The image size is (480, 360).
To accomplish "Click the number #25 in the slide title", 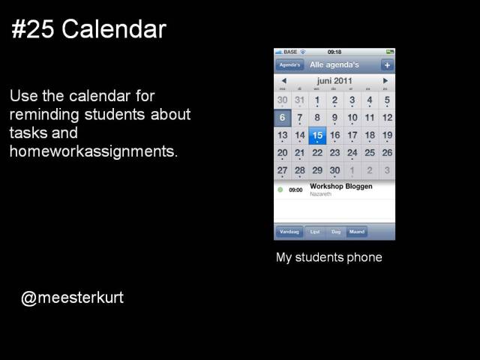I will [34, 30].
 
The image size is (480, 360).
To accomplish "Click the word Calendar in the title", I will [114, 30].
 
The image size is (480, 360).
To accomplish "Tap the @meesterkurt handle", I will [73, 298].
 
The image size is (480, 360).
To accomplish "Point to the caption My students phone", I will [329, 258].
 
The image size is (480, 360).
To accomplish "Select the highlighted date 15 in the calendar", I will [317, 136].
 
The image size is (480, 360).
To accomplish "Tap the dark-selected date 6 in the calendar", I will [282, 118].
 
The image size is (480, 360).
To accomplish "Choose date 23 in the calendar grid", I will [334, 153].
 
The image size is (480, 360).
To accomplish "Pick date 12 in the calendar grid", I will [387, 118].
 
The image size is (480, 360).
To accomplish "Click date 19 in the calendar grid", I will [387, 136].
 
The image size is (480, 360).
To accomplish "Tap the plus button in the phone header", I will [387, 65].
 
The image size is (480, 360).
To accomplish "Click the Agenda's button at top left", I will [289, 65].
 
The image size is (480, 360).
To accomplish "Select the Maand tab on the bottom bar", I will [357, 232].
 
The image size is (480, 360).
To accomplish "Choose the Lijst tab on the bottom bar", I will [316, 232].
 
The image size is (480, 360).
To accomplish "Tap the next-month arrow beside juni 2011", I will [385, 80].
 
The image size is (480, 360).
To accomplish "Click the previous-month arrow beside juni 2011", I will [283, 80].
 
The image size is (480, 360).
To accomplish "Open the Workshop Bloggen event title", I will [340, 187].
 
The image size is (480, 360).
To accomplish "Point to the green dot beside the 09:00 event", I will [280, 190].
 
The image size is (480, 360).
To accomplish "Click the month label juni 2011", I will [334, 80].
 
